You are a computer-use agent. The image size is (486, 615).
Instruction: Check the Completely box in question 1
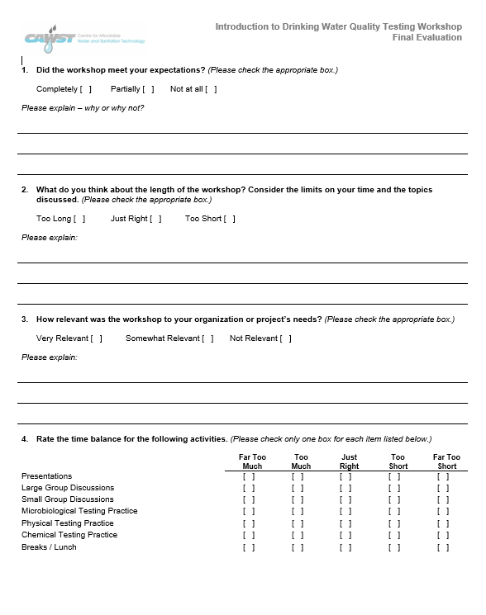click(86, 89)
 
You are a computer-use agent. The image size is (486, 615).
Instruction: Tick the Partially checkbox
click(148, 89)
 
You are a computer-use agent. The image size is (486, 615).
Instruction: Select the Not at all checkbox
click(211, 89)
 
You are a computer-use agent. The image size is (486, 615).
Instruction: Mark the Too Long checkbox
click(79, 219)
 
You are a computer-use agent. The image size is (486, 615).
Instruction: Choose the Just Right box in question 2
click(155, 219)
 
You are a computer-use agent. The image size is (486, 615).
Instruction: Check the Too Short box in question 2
click(229, 219)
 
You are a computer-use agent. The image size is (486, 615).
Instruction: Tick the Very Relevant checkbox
click(97, 338)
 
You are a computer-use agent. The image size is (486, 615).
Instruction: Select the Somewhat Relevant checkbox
click(207, 338)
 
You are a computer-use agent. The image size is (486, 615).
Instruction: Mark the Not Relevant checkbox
click(285, 338)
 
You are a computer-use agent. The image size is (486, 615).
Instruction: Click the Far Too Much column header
click(252, 461)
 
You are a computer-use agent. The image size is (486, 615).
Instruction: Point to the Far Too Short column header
click(446, 461)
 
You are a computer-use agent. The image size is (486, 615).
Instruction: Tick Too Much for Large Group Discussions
click(298, 488)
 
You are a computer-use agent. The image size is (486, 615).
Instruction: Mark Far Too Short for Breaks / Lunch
click(443, 547)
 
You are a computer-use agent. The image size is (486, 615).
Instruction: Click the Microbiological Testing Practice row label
click(79, 511)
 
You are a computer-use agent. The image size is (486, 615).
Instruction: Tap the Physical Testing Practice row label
click(68, 523)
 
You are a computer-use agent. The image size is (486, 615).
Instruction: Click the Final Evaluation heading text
click(427, 38)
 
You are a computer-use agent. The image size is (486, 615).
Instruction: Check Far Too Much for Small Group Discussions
click(249, 499)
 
